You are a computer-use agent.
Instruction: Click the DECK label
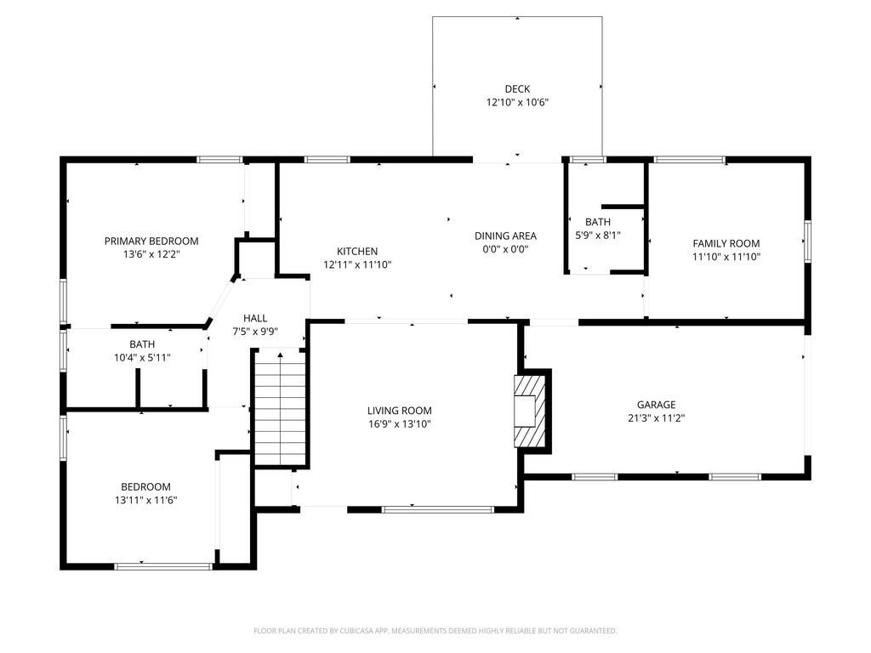517,88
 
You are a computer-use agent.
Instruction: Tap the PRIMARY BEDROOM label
151,241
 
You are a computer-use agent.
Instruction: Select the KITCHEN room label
357,252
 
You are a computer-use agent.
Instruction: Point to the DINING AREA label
505,236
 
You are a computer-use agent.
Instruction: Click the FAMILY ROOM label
726,243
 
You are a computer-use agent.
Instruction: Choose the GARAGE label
656,405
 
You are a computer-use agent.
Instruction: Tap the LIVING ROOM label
400,411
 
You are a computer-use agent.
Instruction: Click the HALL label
255,318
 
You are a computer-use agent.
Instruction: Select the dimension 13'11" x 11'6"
146,500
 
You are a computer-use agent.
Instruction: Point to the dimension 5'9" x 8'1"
598,236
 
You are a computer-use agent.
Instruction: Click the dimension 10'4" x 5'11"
142,358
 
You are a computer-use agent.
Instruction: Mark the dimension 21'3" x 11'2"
656,418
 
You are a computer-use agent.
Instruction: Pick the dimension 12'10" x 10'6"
517,103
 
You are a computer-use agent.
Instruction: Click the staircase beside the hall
281,409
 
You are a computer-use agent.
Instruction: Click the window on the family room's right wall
807,241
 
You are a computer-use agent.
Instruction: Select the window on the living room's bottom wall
438,509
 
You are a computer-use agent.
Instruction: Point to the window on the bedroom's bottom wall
163,566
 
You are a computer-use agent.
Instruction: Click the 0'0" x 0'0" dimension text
505,249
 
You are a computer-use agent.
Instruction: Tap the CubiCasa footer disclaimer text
435,631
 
